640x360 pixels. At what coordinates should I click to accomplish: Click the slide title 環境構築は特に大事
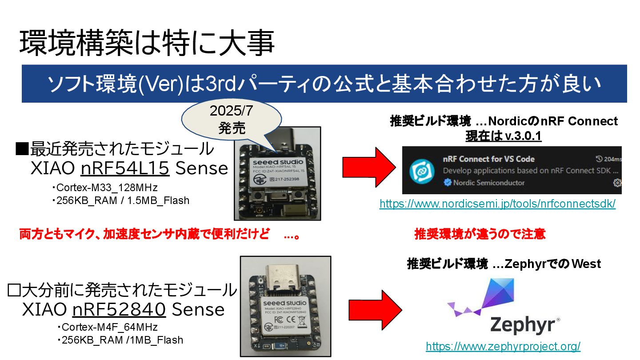tap(147, 44)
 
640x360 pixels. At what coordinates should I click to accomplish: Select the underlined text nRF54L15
tap(125, 168)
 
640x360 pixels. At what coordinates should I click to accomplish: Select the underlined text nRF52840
tap(119, 309)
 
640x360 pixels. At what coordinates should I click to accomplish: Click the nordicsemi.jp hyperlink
tap(497, 204)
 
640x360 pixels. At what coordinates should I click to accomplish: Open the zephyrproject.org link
tap(503, 346)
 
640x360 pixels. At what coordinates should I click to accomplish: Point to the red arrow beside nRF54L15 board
tap(368, 167)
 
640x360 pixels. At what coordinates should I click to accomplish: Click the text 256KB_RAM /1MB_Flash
tap(120, 340)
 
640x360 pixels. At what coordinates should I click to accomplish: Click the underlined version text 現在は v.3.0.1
tap(503, 136)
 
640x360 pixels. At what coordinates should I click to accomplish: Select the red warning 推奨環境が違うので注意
tap(480, 234)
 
